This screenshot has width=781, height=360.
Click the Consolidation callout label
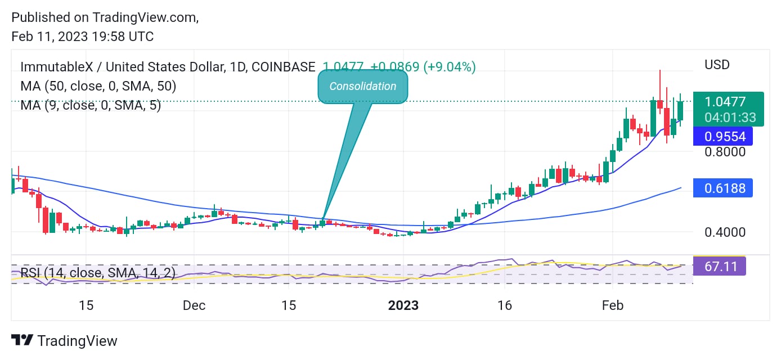pos(362,87)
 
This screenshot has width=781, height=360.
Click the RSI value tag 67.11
pos(720,265)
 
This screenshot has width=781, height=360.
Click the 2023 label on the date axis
pos(403,305)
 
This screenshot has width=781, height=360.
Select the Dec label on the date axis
pos(194,305)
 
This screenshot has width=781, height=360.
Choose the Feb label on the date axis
pos(613,305)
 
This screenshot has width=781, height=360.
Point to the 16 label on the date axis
pos(505,305)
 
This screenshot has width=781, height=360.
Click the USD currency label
pos(717,65)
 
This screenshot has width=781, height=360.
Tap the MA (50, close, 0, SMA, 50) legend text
pos(98,86)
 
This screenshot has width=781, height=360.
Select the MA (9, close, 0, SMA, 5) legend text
pos(91,105)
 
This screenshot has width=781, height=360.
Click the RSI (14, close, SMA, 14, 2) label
pos(98,273)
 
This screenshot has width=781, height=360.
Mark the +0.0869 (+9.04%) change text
pos(423,67)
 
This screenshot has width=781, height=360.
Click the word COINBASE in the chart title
pos(284,67)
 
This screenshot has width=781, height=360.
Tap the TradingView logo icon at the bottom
pos(22,340)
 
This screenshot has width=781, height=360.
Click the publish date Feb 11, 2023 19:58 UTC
pos(82,37)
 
